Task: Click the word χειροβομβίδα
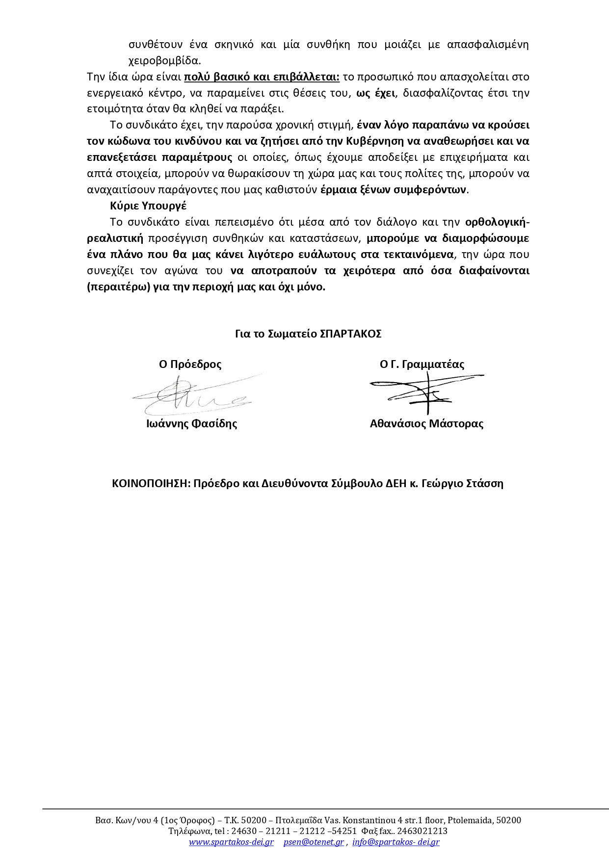(164, 61)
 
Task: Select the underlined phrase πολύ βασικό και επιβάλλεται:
(262, 77)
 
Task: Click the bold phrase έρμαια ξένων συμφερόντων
(394, 190)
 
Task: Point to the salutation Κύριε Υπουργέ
(148, 206)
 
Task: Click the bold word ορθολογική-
(497, 222)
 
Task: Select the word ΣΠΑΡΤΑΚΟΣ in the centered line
(350, 334)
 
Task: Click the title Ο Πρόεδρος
(190, 365)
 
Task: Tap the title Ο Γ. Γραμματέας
(422, 365)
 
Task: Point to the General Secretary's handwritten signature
(426, 391)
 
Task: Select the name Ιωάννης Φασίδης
(191, 424)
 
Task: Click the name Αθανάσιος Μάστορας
(426, 424)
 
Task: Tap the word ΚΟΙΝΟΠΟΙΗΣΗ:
(151, 484)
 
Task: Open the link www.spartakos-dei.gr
(231, 842)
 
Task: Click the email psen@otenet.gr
(314, 842)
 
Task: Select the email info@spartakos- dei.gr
(396, 842)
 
